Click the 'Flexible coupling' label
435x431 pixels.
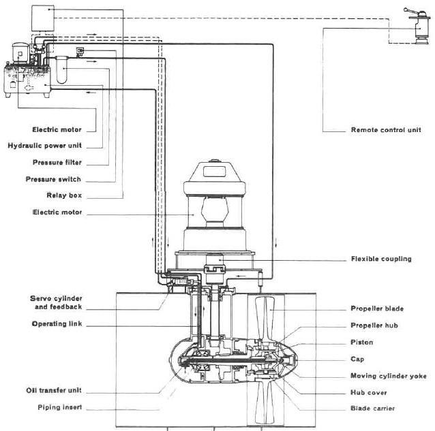coord(382,259)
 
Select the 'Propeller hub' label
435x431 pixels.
coord(376,325)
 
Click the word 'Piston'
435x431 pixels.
coord(362,342)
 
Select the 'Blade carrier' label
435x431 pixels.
coord(373,409)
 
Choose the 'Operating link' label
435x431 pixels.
coord(57,324)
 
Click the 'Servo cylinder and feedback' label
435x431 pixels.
coord(55,302)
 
